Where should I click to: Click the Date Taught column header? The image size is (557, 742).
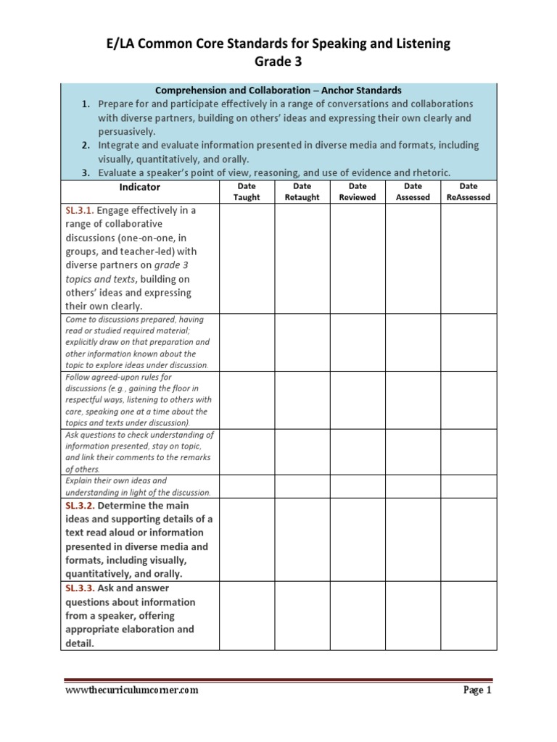tap(247, 191)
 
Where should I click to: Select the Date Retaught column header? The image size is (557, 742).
tap(302, 191)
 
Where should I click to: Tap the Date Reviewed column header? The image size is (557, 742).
tap(358, 191)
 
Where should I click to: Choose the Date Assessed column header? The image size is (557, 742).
tap(413, 191)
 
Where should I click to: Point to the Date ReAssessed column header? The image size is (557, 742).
tap(469, 191)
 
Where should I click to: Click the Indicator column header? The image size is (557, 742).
tap(139, 187)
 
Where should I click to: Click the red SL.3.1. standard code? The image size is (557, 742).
tap(81, 210)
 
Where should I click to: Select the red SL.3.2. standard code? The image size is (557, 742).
tap(81, 505)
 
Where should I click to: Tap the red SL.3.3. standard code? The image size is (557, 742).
tap(81, 588)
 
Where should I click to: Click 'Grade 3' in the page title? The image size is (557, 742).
tap(279, 62)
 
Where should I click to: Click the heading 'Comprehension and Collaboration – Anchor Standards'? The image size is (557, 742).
tap(278, 91)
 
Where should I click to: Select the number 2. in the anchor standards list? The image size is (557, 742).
tap(85, 145)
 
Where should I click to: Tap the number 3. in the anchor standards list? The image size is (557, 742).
tap(85, 172)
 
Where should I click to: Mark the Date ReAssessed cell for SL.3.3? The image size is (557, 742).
tap(469, 615)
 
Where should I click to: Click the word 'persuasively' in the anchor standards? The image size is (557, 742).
tap(127, 131)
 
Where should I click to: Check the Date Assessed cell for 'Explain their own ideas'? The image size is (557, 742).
tap(413, 485)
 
